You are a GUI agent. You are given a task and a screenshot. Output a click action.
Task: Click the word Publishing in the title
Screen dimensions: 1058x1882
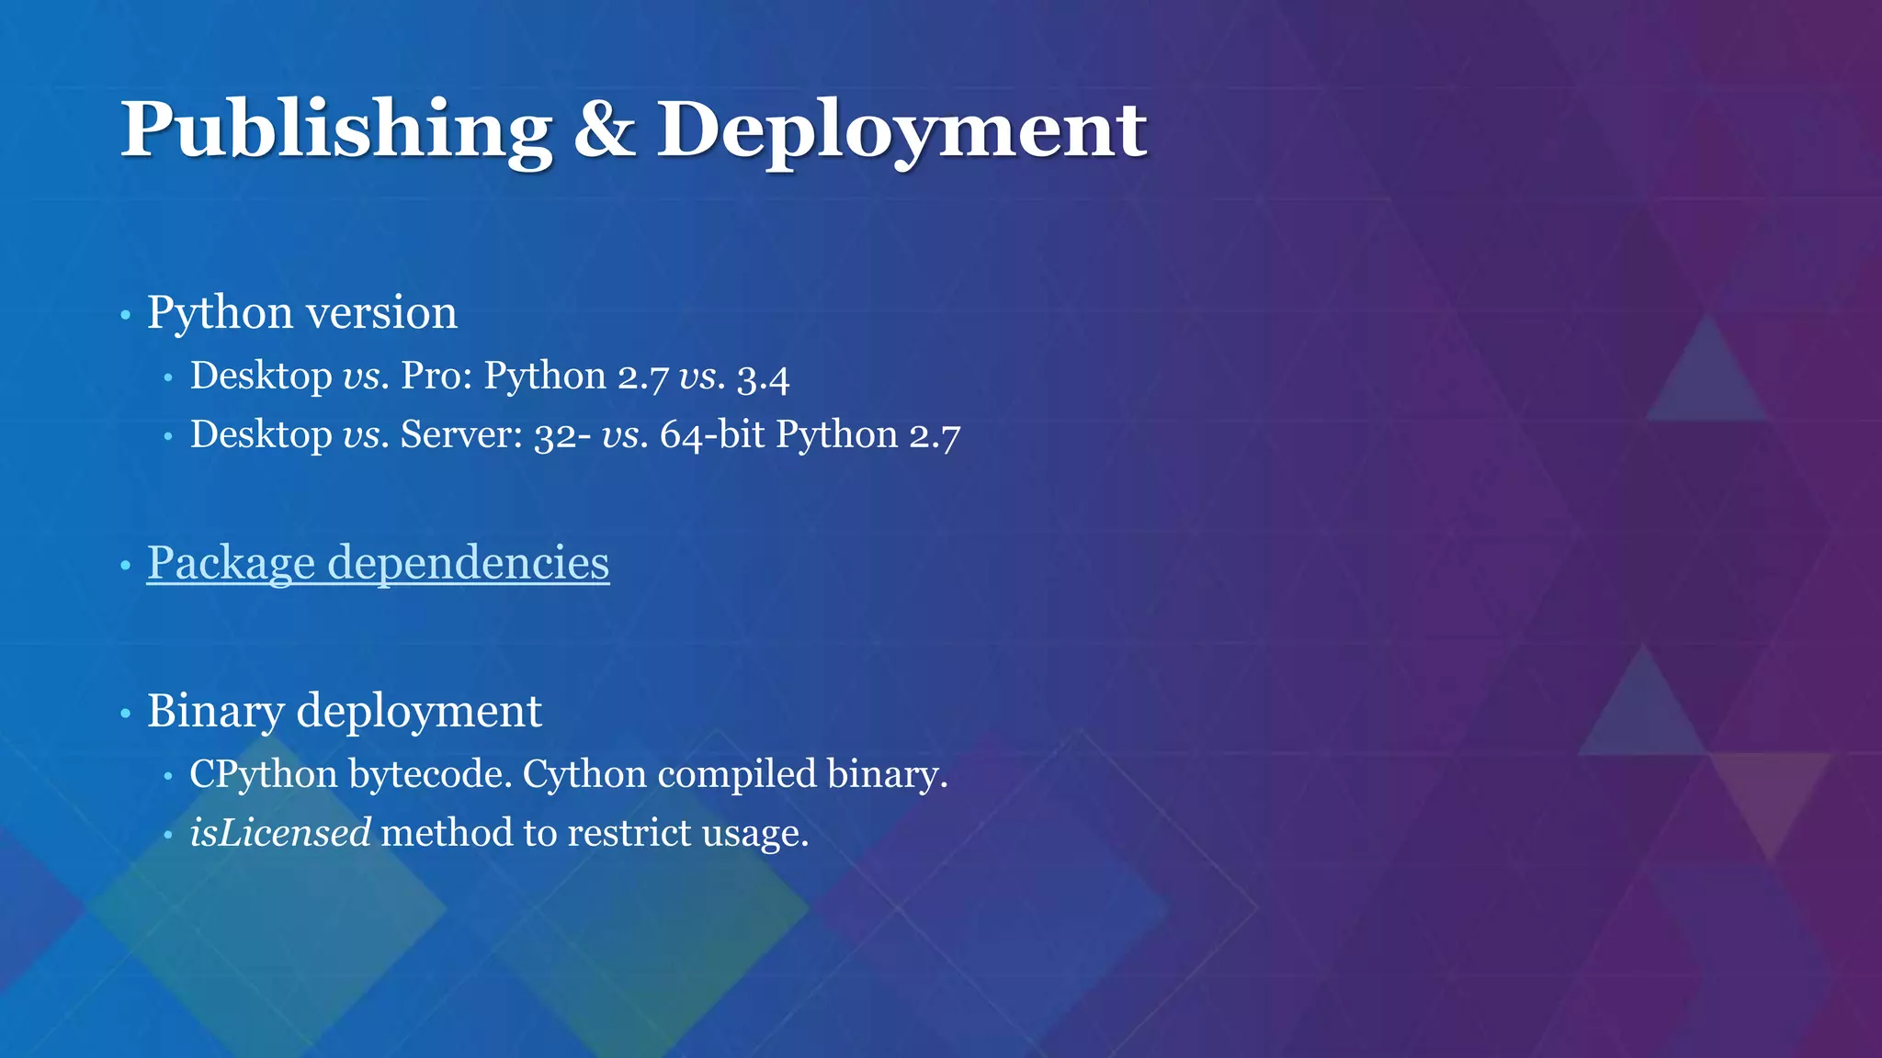(x=335, y=130)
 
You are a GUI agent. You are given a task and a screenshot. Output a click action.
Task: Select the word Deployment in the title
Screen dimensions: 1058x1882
(x=901, y=130)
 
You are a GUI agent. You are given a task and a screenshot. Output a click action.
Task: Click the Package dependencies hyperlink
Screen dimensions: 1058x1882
(x=378, y=562)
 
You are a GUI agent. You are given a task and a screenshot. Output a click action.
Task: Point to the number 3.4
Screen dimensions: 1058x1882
(x=763, y=377)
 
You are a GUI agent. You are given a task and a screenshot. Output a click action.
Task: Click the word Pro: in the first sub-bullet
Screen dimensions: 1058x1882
(x=436, y=376)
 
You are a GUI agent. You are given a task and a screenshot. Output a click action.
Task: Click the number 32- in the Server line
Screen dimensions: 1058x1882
(x=562, y=434)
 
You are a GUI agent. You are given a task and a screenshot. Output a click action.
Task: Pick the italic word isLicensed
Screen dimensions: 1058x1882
(x=280, y=833)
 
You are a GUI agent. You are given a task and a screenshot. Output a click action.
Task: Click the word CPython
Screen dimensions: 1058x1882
(x=263, y=775)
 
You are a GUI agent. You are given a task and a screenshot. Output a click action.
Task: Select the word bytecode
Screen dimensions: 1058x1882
(x=430, y=775)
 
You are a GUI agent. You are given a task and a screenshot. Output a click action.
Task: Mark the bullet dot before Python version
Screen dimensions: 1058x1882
(x=126, y=316)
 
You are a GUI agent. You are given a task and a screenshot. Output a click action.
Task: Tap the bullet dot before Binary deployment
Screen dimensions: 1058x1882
(x=126, y=714)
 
